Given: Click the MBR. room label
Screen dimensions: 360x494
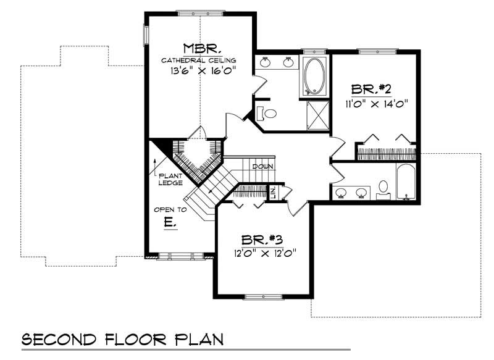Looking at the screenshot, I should (x=199, y=48).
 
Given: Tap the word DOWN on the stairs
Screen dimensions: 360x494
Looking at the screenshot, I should (x=262, y=167).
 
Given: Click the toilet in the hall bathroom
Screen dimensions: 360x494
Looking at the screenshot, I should (x=383, y=189).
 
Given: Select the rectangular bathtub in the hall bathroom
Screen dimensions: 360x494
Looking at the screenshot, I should (x=406, y=182).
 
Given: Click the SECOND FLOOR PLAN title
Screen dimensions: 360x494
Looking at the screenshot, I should (x=122, y=340).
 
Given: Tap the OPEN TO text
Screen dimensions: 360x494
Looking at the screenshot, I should (x=170, y=209).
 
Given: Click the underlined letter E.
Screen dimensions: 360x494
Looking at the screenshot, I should (x=170, y=223).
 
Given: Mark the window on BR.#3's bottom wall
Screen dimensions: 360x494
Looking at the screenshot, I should (x=262, y=297).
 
